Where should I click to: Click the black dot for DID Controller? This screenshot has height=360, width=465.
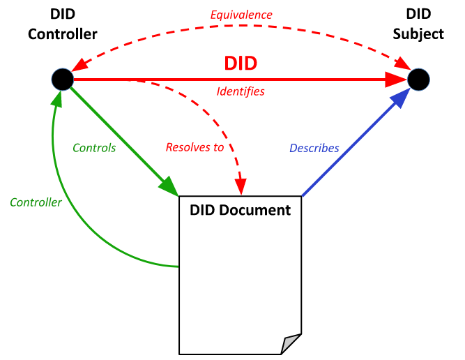tap(63, 80)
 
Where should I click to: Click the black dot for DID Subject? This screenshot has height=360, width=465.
tap(418, 80)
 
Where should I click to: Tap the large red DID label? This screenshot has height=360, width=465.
tap(241, 63)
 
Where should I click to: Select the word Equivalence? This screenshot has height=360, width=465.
tap(241, 15)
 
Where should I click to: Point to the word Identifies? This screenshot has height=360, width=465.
tap(241, 91)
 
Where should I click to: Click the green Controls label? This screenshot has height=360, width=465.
tap(94, 148)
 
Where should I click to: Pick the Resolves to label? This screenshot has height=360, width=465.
tap(195, 147)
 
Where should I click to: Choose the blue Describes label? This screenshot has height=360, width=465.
tap(314, 148)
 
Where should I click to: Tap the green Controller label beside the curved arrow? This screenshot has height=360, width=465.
tap(36, 202)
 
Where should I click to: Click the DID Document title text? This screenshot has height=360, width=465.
tap(241, 210)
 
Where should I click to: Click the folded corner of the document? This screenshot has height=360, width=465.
tap(291, 344)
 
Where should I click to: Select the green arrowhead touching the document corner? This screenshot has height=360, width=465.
tap(169, 186)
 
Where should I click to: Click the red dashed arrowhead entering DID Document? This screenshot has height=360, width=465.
tap(241, 187)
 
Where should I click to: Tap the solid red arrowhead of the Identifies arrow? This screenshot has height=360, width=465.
tap(396, 80)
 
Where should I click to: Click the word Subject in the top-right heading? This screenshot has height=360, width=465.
tap(418, 34)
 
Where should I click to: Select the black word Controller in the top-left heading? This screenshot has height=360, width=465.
tap(63, 34)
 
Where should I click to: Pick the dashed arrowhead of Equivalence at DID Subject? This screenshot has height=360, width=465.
tap(403, 63)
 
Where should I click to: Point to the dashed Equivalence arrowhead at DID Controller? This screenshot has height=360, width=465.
tap(79, 64)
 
